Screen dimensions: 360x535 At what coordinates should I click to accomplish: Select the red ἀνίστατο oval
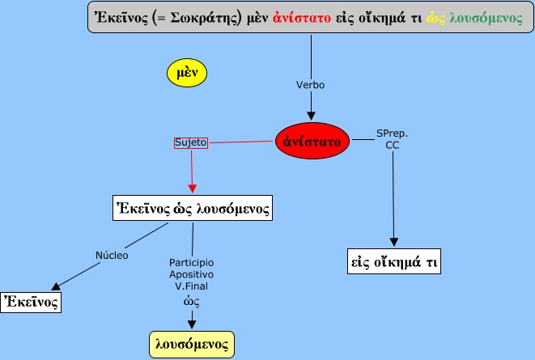click(312, 141)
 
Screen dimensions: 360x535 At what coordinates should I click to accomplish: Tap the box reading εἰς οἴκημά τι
click(393, 262)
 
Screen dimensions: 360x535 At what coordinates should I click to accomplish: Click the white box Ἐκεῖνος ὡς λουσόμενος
click(191, 208)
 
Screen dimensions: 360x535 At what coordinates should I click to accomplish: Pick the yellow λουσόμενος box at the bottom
click(193, 344)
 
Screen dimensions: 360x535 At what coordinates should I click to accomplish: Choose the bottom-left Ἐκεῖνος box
click(32, 302)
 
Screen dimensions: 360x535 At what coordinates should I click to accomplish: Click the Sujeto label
click(191, 142)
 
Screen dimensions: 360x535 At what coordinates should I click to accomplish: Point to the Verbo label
click(312, 84)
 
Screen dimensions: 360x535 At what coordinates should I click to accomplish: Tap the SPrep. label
click(392, 132)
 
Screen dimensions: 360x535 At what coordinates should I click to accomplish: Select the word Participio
click(192, 262)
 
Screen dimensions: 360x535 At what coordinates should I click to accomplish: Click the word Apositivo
click(192, 274)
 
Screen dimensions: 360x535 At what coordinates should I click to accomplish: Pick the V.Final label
click(192, 286)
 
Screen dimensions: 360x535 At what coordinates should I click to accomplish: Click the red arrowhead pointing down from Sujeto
click(192, 188)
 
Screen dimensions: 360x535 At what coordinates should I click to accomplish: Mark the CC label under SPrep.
click(392, 144)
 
